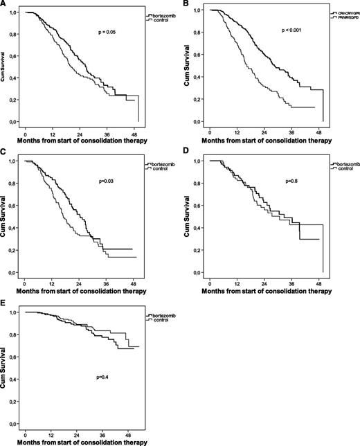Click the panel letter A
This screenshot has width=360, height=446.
(x=4, y=3)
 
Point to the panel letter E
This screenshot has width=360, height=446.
(x=4, y=303)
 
